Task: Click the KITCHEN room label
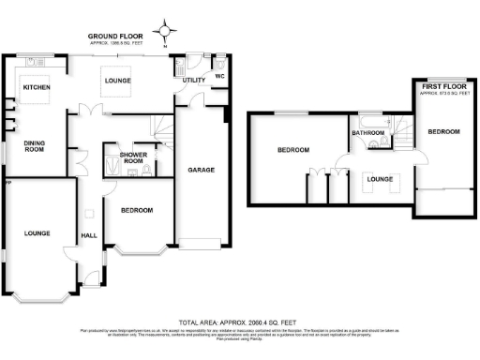click(37, 88)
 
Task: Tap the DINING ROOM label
click(35, 146)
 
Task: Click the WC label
click(218, 75)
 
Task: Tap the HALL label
click(89, 235)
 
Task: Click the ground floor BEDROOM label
click(136, 210)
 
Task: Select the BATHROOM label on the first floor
click(368, 133)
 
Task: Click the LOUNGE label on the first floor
click(379, 177)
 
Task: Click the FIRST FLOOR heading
click(441, 86)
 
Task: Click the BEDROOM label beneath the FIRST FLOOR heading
click(443, 132)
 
